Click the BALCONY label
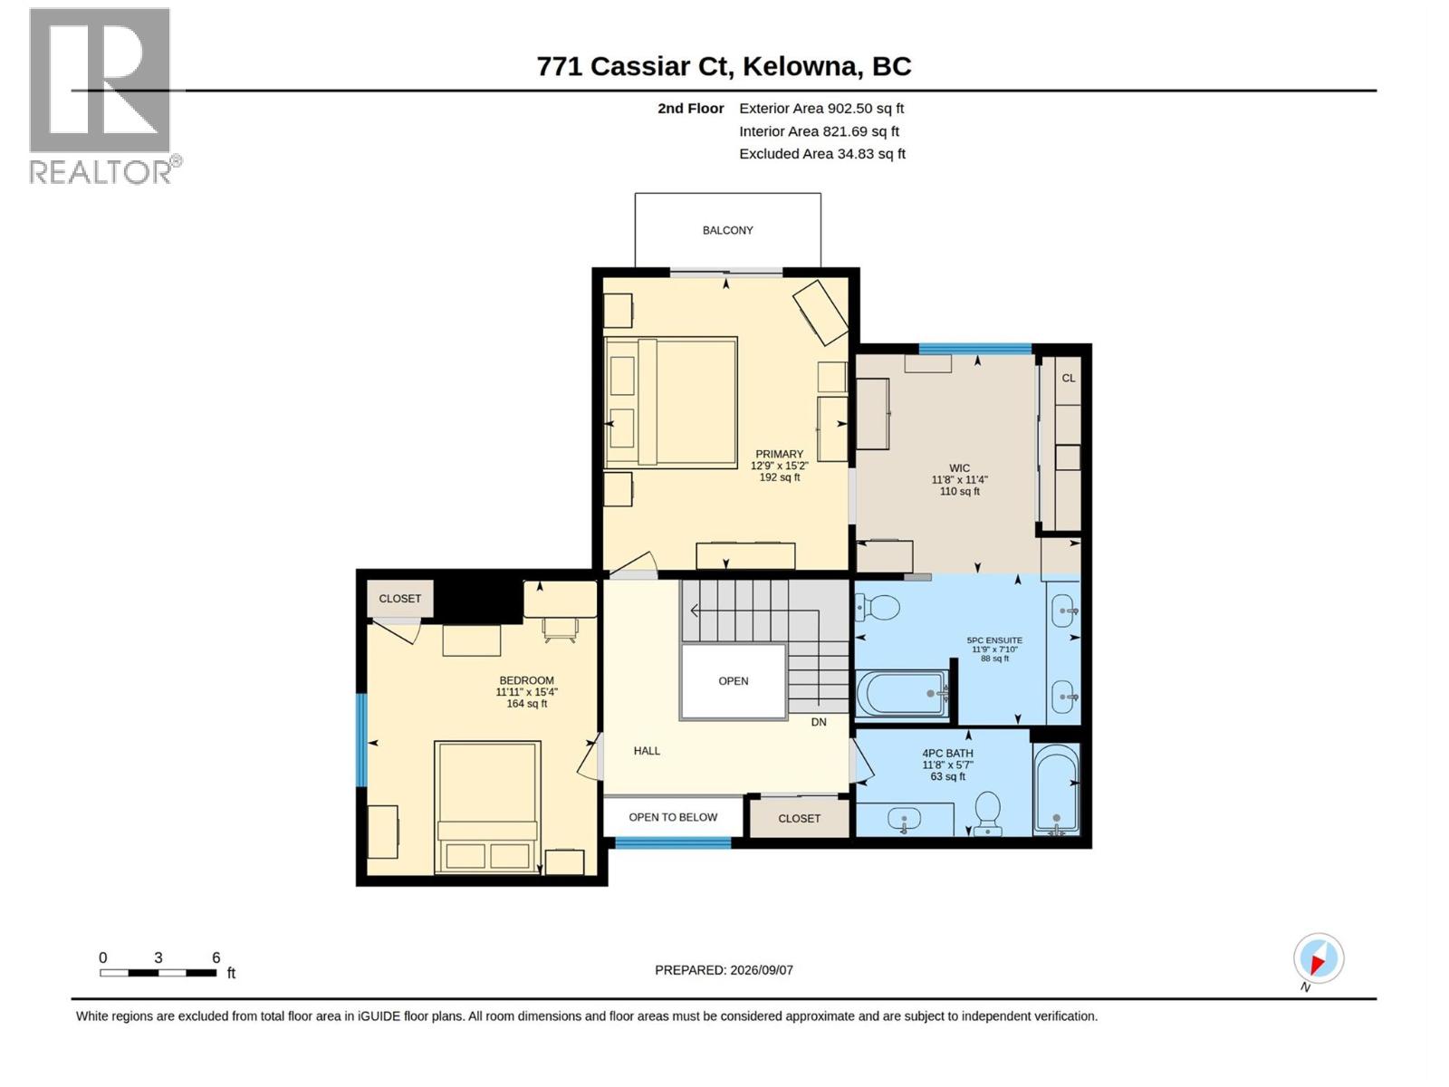[x=727, y=230]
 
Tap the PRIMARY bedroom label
[x=779, y=454]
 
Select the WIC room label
[x=959, y=468]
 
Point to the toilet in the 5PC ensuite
[x=878, y=607]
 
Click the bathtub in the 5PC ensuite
[x=902, y=694]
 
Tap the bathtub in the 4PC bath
[x=1056, y=788]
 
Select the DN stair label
[x=819, y=722]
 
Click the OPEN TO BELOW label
[x=673, y=817]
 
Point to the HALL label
[x=647, y=750]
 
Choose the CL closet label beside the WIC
[x=1068, y=378]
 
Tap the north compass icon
[x=1319, y=957]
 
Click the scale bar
[x=158, y=972]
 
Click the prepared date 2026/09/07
[x=761, y=970]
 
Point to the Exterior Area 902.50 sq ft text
[x=821, y=108]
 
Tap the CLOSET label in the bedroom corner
[x=399, y=599]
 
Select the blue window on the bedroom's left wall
[x=361, y=740]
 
